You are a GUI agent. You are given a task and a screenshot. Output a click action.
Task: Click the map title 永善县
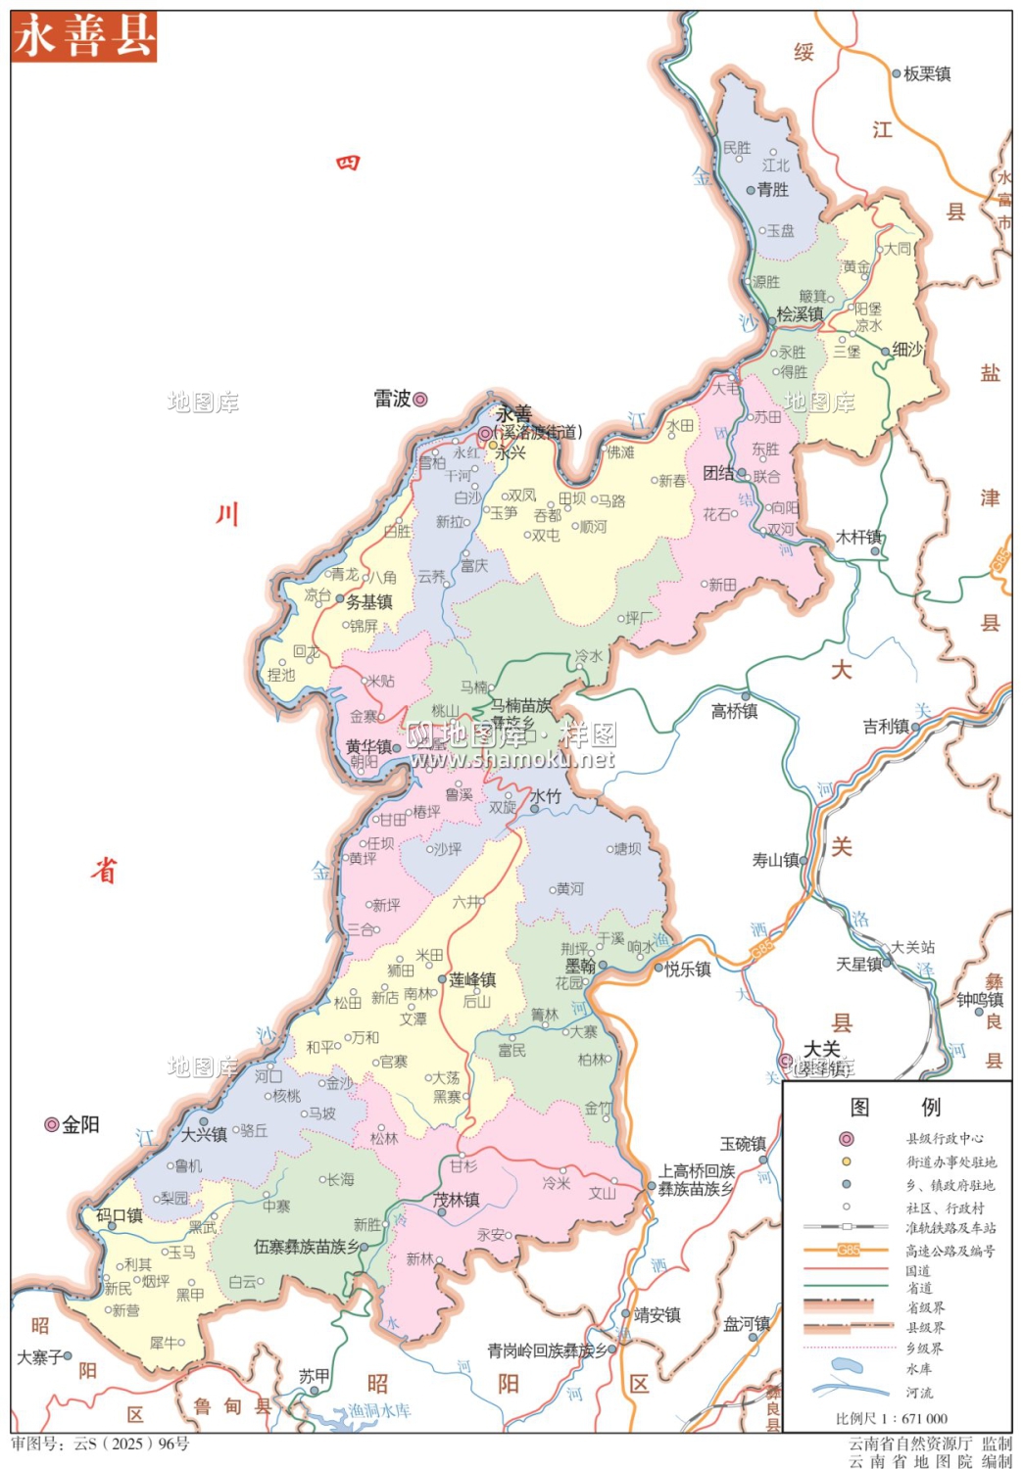point(84,37)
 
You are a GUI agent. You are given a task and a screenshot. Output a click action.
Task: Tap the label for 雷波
point(392,399)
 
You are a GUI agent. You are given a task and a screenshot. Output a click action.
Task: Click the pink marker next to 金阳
point(52,1124)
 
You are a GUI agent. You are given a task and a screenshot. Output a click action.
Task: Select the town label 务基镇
point(369,602)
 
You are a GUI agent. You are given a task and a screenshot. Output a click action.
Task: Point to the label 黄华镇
point(368,746)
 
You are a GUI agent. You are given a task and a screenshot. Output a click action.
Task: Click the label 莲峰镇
point(472,979)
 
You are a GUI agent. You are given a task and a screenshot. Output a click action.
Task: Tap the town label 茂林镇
point(457,1200)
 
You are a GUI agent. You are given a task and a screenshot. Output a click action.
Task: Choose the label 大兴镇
point(204,1134)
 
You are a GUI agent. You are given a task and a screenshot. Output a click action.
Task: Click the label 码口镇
point(120,1215)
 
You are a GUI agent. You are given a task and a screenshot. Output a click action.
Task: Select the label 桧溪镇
point(800,314)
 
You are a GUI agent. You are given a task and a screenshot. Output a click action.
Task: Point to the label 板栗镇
point(927,73)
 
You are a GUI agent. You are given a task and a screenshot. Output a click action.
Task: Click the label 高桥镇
point(734,711)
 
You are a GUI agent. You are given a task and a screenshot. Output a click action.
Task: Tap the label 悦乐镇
point(688,969)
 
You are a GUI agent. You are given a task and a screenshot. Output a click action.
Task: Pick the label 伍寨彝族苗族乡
point(306,1247)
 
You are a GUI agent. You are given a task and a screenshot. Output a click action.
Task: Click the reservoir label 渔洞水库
point(379,1410)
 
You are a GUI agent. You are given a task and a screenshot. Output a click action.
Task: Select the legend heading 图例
point(895,1107)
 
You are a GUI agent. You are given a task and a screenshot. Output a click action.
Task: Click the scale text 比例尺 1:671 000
point(892,1418)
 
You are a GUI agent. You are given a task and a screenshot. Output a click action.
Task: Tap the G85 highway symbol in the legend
point(848,1251)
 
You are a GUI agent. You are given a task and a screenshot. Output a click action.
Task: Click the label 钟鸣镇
point(980,1000)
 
